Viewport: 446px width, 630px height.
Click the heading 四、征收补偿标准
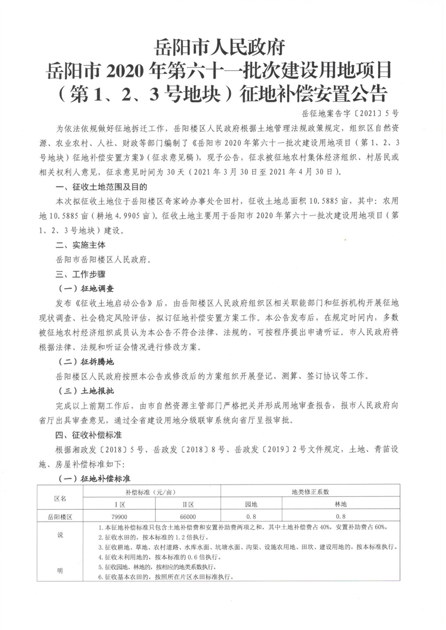90,434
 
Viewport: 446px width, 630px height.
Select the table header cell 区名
60,498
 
